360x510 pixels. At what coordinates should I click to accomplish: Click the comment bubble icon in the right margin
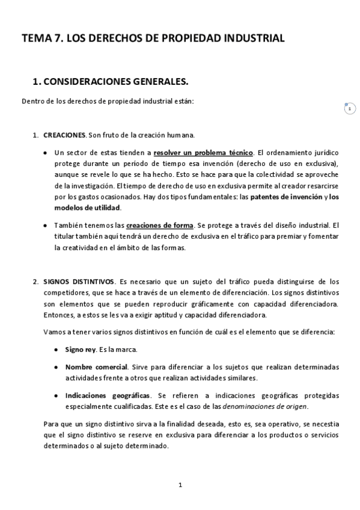coord(349,108)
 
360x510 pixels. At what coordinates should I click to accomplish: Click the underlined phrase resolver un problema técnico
coord(204,153)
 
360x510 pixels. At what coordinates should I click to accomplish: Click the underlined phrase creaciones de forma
coord(159,226)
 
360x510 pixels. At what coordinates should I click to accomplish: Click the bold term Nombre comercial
coord(96,366)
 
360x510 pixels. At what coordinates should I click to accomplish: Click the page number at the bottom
coord(180,485)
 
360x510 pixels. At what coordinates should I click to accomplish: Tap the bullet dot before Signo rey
coord(56,349)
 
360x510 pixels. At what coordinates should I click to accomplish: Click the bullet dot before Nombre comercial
coord(56,366)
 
